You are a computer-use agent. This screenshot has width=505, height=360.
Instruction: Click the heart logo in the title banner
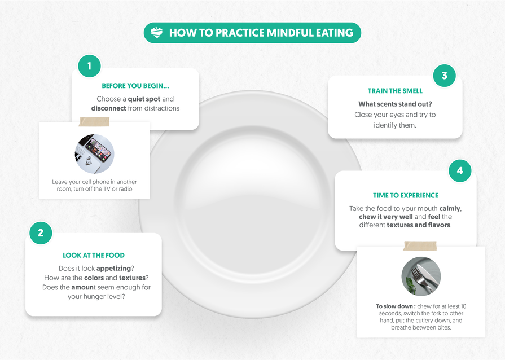pyautogui.click(x=156, y=33)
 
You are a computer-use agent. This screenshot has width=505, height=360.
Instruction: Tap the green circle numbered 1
pyautogui.click(x=89, y=66)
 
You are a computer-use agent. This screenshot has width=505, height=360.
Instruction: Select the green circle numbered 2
pyautogui.click(x=41, y=233)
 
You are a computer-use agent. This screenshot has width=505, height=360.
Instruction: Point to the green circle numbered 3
pyautogui.click(x=445, y=76)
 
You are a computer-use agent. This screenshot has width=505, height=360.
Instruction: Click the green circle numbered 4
pyautogui.click(x=460, y=170)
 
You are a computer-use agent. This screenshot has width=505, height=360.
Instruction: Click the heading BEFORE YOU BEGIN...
pyautogui.click(x=135, y=86)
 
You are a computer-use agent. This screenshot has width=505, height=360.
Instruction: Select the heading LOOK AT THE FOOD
pyautogui.click(x=94, y=256)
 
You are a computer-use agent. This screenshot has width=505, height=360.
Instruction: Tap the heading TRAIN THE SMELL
pyautogui.click(x=395, y=91)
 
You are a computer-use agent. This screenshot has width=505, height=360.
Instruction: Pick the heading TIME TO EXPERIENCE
pyautogui.click(x=406, y=195)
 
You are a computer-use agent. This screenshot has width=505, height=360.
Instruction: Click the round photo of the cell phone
pyautogui.click(x=94, y=154)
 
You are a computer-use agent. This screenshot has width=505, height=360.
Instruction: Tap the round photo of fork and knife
pyautogui.click(x=421, y=276)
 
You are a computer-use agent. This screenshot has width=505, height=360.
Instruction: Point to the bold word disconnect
pyautogui.click(x=108, y=108)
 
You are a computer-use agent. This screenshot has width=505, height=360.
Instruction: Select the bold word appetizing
pyautogui.click(x=113, y=269)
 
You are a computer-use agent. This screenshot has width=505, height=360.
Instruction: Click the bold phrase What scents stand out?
pyautogui.click(x=395, y=104)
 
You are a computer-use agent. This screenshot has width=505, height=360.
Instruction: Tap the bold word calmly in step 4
pyautogui.click(x=450, y=209)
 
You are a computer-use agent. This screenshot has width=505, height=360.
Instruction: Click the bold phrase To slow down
pyautogui.click(x=394, y=306)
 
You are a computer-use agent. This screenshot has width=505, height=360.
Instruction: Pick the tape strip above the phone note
pyautogui.click(x=94, y=122)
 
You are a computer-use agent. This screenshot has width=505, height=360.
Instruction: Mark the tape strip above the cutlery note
pyautogui.click(x=420, y=245)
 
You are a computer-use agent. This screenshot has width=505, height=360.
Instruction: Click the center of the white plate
pyautogui.click(x=251, y=204)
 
